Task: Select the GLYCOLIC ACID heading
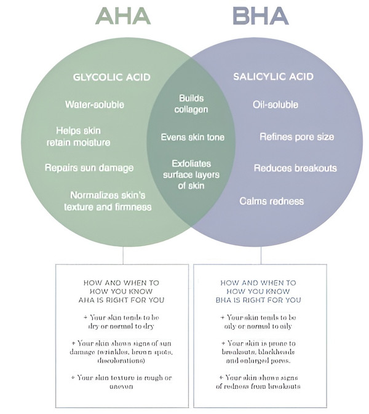coord(111,77)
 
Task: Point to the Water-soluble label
coord(94,104)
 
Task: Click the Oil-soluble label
coord(276,104)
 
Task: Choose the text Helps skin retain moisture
coord(79,136)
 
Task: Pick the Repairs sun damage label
coord(89,168)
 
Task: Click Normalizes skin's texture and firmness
coord(108,200)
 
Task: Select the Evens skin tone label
coord(192,137)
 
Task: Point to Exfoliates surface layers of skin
coord(192,174)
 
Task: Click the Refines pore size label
coord(296,136)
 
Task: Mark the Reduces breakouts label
coord(295,168)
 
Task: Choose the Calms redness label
coord(271,200)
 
